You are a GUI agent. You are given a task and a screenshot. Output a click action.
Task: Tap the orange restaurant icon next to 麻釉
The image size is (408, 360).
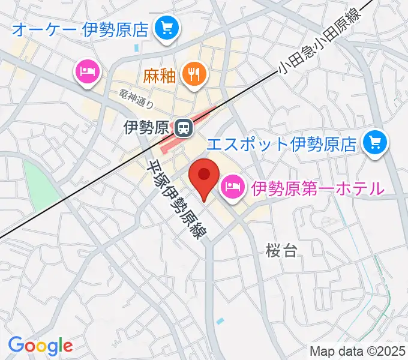(x=193, y=74)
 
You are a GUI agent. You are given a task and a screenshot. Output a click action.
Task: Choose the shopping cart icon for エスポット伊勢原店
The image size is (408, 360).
(x=376, y=143)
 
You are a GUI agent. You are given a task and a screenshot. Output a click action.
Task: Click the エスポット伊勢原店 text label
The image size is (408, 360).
(x=282, y=143)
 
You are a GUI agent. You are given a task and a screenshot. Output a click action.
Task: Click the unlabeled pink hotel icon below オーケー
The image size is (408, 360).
(x=88, y=71)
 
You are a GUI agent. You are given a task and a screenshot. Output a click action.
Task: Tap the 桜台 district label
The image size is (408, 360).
(x=282, y=250)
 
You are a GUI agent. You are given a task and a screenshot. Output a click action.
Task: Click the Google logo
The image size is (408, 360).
(x=40, y=345)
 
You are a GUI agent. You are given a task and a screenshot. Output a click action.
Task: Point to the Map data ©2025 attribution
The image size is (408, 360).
(x=358, y=350)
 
